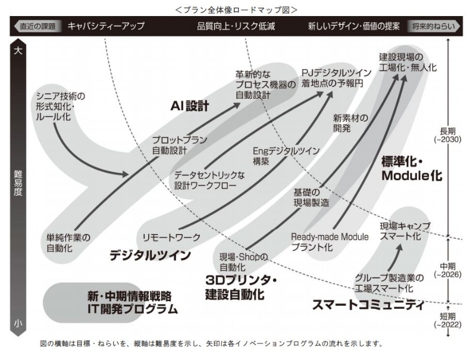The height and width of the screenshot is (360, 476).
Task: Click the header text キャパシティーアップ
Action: pos(106,26)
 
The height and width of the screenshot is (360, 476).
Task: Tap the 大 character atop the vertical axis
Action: pos(18,51)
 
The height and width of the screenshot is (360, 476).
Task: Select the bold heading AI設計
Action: pos(190,107)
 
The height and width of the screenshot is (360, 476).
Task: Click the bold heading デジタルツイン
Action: pos(150,255)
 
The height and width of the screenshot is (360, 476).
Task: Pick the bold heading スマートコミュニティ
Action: pos(368,306)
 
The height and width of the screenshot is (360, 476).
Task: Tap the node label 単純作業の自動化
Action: pos(68,243)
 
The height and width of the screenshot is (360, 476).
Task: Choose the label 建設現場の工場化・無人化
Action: pos(408,62)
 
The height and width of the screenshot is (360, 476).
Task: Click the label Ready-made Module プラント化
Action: pos(330,242)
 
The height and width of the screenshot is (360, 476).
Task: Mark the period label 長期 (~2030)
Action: pos(447,134)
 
